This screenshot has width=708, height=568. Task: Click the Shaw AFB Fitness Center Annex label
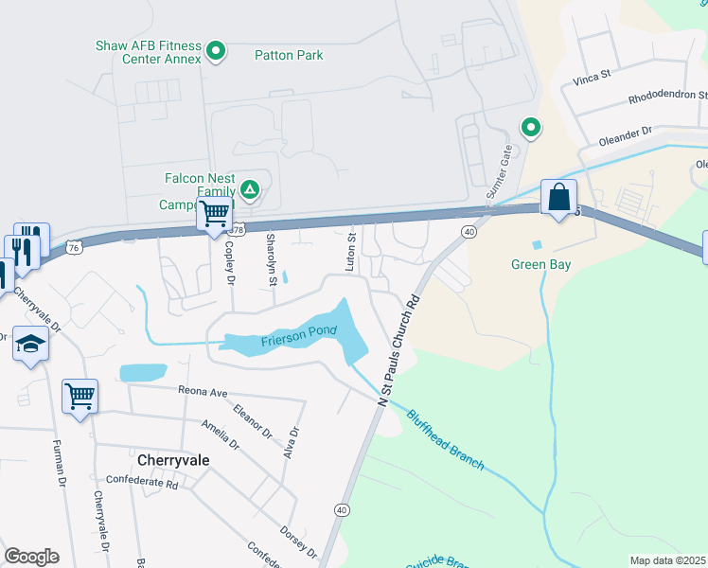coord(149,52)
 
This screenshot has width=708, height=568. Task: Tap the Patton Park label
coord(289,56)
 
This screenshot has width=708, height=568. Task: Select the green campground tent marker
coord(250,190)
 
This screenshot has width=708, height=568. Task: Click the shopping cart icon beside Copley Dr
coord(215,214)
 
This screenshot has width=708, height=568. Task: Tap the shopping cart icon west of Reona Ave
coord(80,396)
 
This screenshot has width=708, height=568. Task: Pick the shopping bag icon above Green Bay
coord(559,198)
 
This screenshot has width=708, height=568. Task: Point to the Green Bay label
coord(540,265)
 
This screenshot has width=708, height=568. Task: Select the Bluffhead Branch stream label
coord(446,439)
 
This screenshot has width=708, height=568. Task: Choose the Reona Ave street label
coord(204,391)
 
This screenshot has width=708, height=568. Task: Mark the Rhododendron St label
coord(667,98)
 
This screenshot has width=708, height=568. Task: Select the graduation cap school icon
coord(30,345)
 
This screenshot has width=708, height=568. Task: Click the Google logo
coord(31,557)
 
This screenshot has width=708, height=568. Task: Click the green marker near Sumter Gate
coord(531,127)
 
